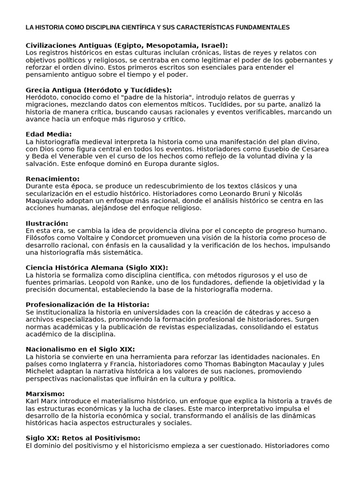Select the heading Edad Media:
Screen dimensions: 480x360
click(x=48, y=134)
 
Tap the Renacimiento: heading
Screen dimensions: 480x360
click(x=52, y=179)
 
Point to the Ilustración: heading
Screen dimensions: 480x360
click(x=47, y=223)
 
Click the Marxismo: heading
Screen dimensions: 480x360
click(x=45, y=394)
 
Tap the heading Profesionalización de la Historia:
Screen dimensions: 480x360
click(x=88, y=305)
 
